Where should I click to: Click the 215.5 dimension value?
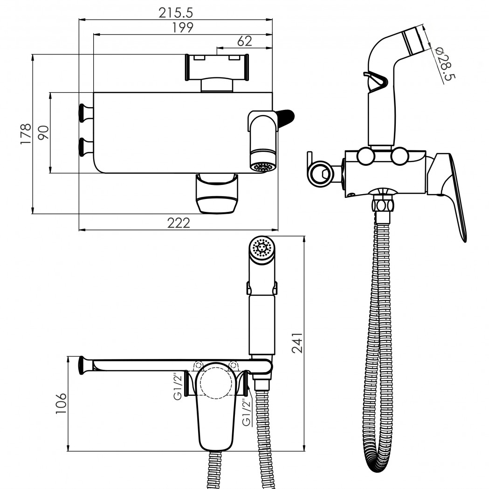click(x=176, y=13)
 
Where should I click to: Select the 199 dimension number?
click(x=183, y=27)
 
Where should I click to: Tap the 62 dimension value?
click(x=244, y=41)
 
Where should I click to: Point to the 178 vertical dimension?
click(x=26, y=134)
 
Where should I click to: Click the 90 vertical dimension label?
click(x=44, y=132)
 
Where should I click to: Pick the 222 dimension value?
click(x=179, y=223)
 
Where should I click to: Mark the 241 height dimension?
click(x=297, y=343)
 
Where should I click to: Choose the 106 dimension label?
click(x=61, y=403)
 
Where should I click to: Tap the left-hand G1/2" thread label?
click(x=178, y=386)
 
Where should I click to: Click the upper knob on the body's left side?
click(x=86, y=112)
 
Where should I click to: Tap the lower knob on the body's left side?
click(x=86, y=147)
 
